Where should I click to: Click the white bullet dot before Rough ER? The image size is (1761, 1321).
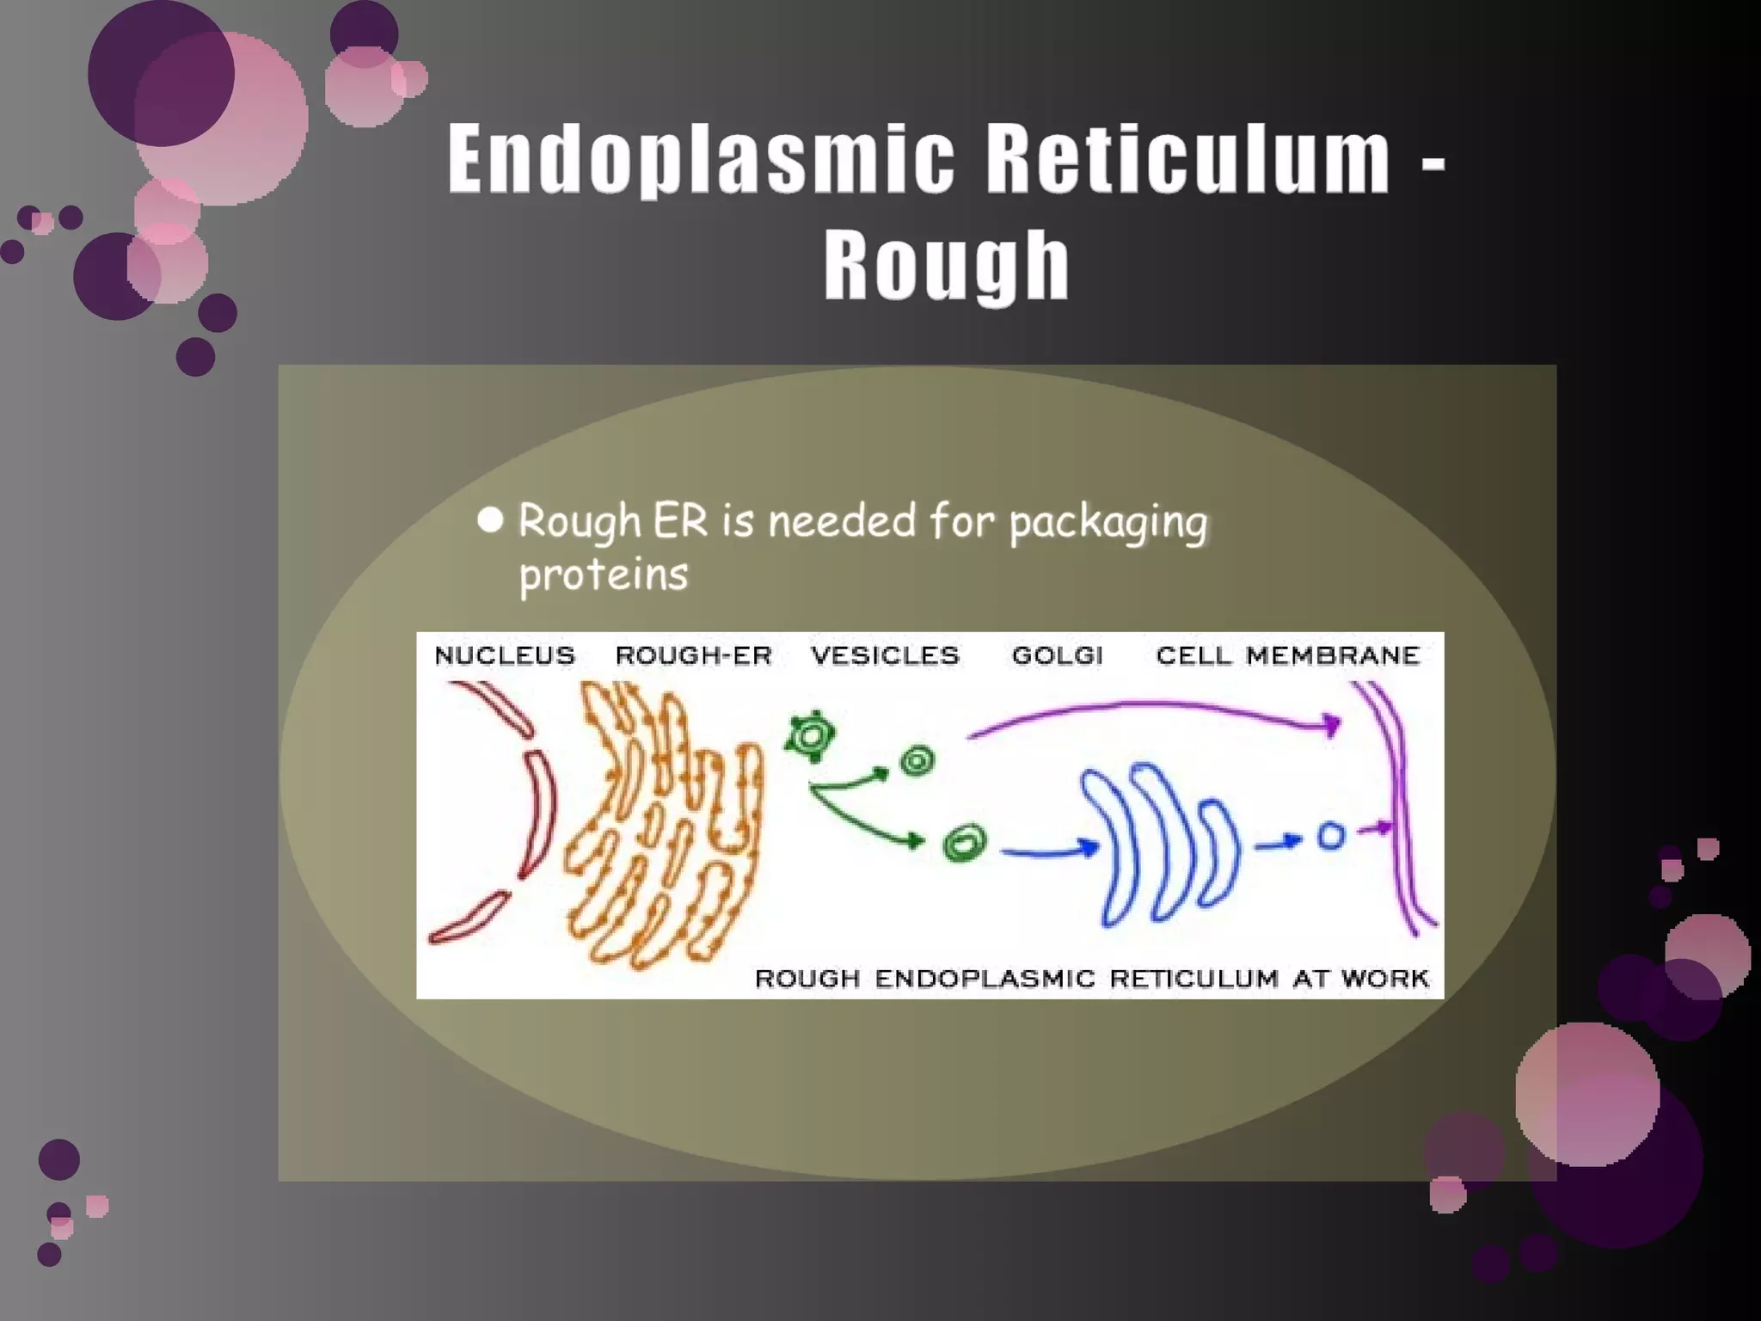coord(490,519)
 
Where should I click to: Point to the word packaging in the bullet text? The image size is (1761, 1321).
coord(1108,523)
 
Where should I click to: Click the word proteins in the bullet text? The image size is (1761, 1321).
coord(603,574)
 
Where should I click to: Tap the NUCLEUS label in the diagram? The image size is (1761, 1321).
coord(505,655)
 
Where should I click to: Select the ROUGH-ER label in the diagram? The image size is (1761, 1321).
coord(693,655)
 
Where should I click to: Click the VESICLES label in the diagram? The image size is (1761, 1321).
coord(885,655)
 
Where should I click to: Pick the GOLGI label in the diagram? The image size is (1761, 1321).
coord(1057,655)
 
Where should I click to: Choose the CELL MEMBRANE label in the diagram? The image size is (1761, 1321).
coord(1287,655)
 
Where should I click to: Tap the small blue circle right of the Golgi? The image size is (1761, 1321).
coord(1330,836)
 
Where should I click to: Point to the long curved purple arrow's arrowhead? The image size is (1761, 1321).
coord(1331,724)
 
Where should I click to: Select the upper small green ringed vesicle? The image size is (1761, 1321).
coord(917,761)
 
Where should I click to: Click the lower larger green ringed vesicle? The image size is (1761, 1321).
coord(964,843)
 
